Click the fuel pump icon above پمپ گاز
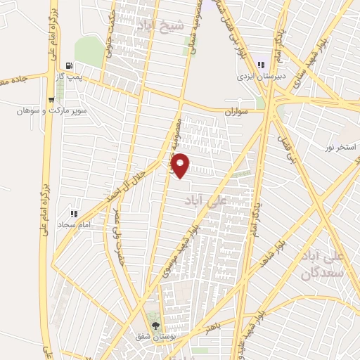point(68,64)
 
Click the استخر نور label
point(338,147)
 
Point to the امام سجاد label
point(73,224)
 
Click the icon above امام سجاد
point(72,213)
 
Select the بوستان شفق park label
point(153,337)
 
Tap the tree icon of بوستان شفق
point(155,326)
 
